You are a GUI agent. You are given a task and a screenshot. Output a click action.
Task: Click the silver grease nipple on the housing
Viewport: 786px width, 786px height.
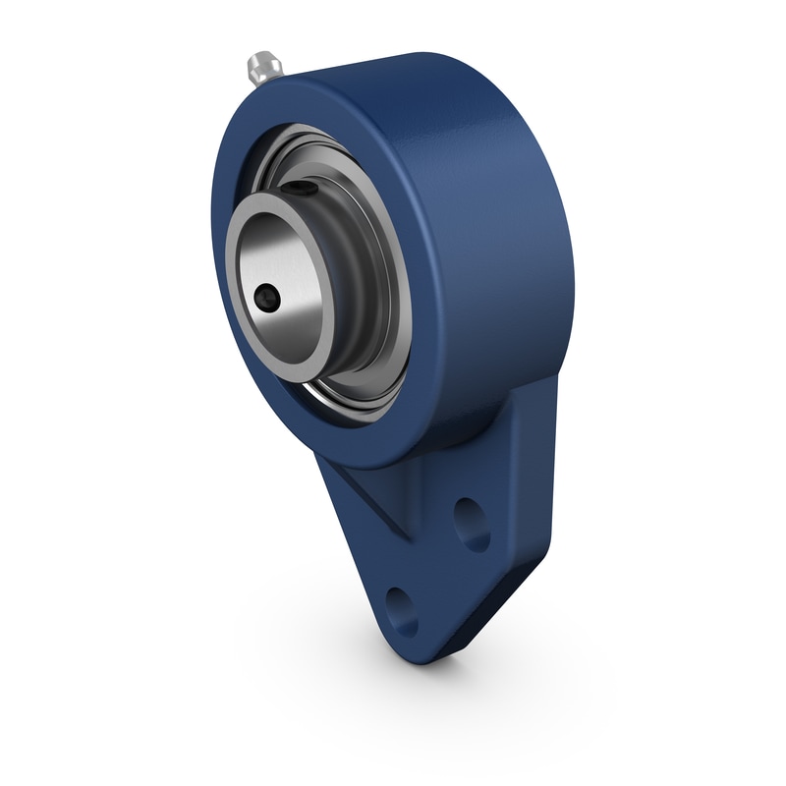click(x=262, y=67)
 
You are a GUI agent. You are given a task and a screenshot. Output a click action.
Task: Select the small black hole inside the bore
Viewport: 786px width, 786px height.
click(x=266, y=295)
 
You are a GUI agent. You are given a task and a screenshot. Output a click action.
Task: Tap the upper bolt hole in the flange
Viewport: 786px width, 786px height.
click(x=473, y=524)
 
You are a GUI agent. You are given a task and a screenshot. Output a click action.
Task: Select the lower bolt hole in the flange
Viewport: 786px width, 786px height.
click(x=401, y=610)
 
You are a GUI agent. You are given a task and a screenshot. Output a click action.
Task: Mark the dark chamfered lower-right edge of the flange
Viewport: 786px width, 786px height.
click(x=511, y=599)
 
